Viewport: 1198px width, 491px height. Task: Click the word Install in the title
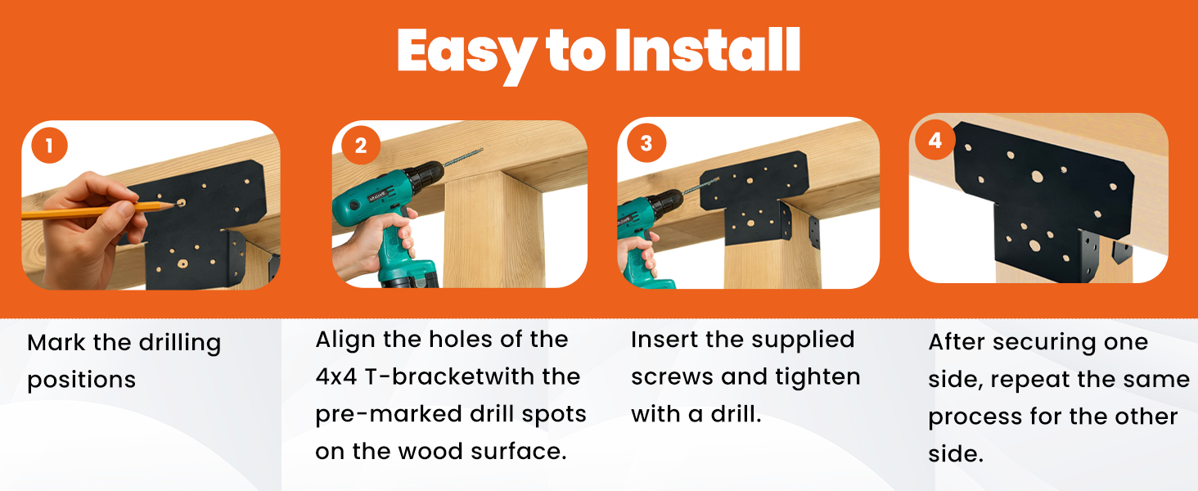coord(706,51)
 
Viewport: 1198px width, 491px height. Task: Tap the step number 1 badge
coord(49,146)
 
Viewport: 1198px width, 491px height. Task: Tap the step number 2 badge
coord(361,146)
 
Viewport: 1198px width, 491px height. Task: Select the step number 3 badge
coord(646,143)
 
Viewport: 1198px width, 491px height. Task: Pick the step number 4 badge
coord(935,140)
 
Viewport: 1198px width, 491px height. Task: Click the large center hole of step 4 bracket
coord(1037,176)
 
